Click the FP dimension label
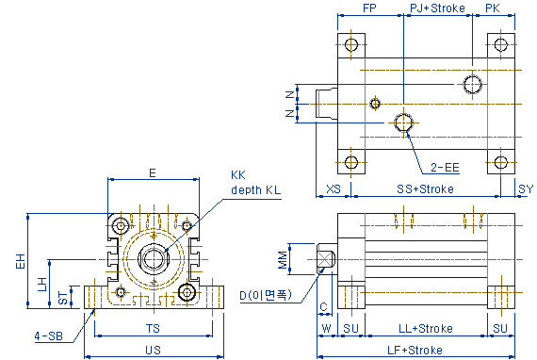tap(369, 8)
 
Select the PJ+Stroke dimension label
tap(438, 8)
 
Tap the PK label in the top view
tap(493, 8)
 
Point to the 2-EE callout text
tap(445, 168)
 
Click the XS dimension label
tap(334, 189)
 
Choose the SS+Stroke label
tap(425, 189)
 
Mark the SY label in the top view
tap(526, 189)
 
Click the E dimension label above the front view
tap(153, 173)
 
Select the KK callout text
tap(238, 175)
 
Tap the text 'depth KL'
tap(256, 189)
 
